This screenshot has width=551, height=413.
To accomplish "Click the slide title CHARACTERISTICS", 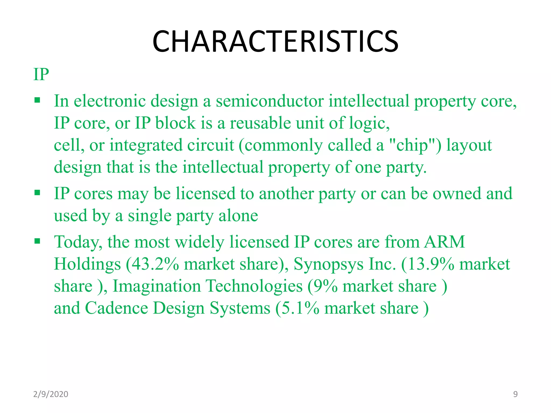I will [275, 42].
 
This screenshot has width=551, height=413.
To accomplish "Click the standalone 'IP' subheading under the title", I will [41, 74].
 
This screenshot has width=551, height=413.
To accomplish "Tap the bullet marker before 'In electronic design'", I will [37, 101].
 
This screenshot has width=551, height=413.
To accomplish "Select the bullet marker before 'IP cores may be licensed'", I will [37, 193].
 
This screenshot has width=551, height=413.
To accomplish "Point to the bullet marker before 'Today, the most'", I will [37, 241].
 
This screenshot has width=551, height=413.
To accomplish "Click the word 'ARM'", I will [444, 242].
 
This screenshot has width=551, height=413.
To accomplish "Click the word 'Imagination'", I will [157, 286].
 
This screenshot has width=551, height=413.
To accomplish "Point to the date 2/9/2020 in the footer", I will [51, 394].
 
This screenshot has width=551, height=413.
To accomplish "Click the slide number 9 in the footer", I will [515, 394].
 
